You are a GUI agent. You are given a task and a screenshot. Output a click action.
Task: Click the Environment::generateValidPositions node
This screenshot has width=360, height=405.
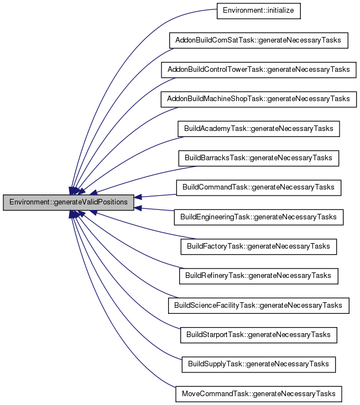(x=69, y=202)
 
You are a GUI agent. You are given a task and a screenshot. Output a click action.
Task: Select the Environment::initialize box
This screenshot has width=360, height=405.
(x=258, y=11)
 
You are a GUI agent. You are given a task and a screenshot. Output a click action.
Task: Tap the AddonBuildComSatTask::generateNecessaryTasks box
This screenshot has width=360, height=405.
(x=258, y=40)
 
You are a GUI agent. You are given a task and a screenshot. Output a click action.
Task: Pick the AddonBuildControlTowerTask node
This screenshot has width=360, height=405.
(x=258, y=70)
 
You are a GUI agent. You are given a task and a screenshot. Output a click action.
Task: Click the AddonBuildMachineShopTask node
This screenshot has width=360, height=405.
(x=258, y=99)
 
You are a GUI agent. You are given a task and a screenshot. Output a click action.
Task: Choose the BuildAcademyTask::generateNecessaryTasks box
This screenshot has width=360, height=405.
(x=258, y=129)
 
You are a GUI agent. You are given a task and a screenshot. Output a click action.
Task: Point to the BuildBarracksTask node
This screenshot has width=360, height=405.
(x=258, y=158)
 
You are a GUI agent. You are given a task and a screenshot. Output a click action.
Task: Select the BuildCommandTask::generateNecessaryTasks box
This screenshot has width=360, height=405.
(x=258, y=187)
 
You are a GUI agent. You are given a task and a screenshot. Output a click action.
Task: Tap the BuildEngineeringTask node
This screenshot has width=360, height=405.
(x=258, y=217)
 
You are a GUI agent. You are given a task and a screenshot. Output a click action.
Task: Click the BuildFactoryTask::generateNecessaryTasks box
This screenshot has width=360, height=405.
(x=258, y=246)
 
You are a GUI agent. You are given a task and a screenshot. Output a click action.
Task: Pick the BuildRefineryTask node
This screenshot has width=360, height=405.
(x=258, y=275)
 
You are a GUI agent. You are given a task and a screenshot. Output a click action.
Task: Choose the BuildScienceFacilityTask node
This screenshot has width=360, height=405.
(x=258, y=305)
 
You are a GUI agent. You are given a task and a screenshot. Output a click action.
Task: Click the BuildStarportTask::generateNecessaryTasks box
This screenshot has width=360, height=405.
(x=258, y=334)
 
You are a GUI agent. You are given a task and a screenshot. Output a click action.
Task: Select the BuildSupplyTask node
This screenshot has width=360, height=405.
(x=258, y=364)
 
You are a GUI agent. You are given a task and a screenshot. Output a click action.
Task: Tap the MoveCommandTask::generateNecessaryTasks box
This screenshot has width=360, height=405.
(x=258, y=393)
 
